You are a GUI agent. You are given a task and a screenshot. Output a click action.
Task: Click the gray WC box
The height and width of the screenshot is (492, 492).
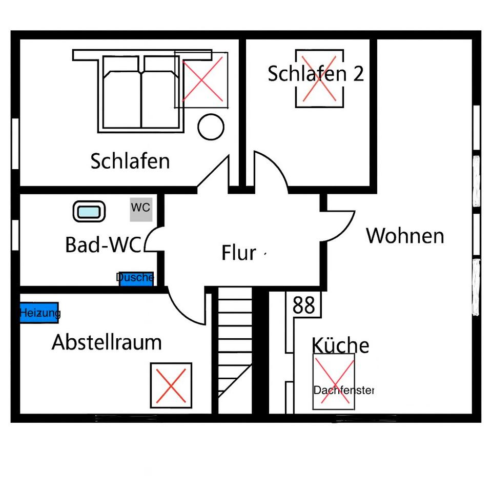point(141,209)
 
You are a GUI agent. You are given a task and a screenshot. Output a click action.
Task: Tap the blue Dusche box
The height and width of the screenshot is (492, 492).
point(136,279)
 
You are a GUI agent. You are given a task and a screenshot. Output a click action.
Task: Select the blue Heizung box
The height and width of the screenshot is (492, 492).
point(39,312)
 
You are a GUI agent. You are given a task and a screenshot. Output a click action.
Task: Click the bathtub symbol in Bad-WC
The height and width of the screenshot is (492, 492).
point(89,211)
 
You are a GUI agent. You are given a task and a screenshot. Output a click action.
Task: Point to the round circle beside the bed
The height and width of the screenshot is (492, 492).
point(211,126)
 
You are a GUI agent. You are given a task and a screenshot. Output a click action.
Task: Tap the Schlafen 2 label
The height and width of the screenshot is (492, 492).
point(316,74)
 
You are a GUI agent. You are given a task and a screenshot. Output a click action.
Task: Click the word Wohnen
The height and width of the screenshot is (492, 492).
point(405,236)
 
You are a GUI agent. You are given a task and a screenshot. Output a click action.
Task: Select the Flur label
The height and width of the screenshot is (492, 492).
point(239,253)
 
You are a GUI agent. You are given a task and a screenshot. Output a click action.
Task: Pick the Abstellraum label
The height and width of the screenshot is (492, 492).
point(107,342)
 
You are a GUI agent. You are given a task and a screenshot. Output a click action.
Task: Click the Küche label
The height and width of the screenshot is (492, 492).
point(340,346)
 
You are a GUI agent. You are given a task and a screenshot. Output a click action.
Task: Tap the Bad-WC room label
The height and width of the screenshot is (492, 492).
point(103,245)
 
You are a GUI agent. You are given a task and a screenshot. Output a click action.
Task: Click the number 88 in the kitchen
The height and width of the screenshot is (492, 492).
point(304,305)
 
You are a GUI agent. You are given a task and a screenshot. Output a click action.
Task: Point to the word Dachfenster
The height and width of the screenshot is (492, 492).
point(343,391)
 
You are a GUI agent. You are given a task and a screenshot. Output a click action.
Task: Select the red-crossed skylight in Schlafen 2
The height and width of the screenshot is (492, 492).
point(319,78)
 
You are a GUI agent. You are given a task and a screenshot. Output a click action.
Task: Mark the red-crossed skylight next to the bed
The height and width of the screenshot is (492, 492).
point(202,79)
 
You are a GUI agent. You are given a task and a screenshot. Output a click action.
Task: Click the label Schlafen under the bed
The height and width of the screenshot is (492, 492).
point(130,161)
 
